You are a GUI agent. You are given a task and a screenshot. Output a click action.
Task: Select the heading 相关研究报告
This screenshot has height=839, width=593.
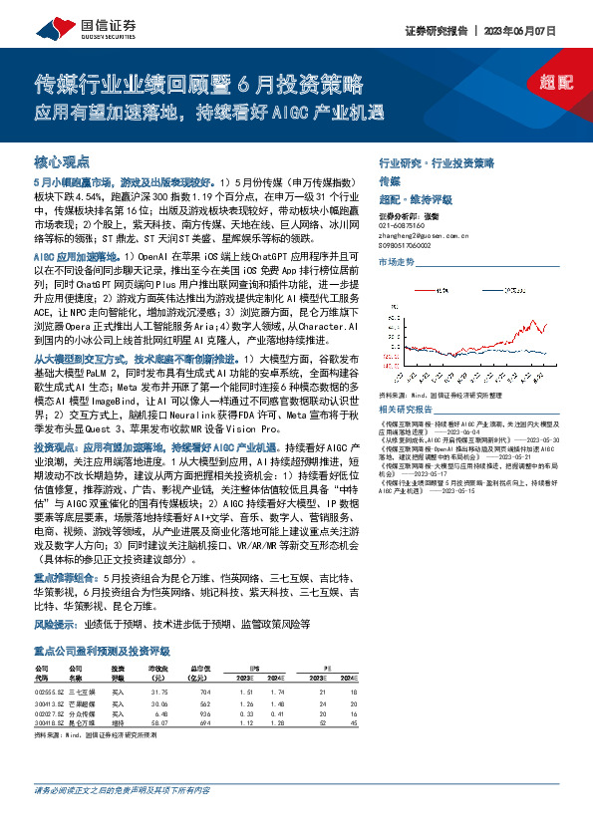pos(405,410)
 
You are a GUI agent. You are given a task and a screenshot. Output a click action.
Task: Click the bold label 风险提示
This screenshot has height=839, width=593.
pos(56,625)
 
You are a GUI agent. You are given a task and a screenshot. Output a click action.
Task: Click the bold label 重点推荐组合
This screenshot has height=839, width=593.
pos(66,577)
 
